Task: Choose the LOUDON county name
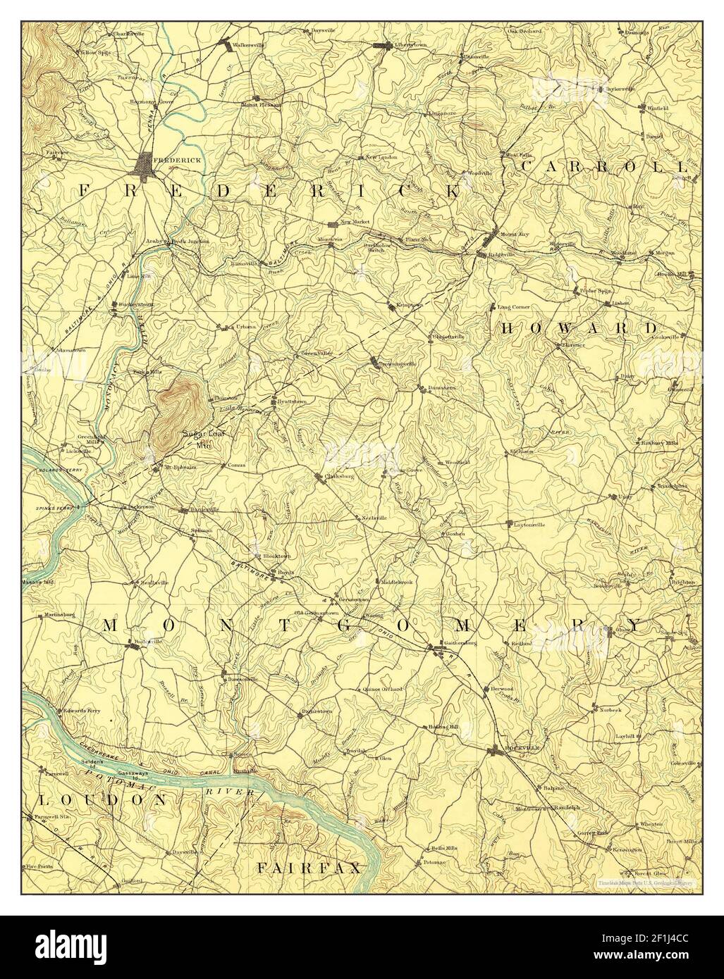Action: pyautogui.click(x=103, y=800)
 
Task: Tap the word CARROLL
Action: pyautogui.click(x=603, y=167)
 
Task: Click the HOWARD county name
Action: pyautogui.click(x=579, y=329)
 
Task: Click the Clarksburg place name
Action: pyautogui.click(x=337, y=476)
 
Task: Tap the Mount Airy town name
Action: pyautogui.click(x=513, y=233)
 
